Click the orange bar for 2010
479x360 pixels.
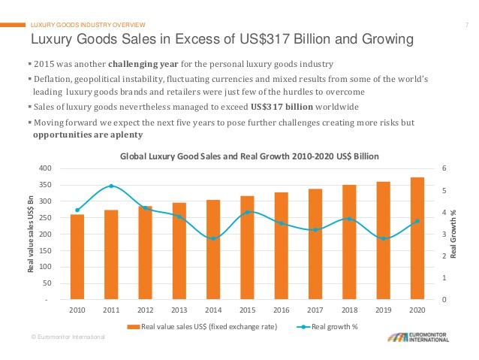77,257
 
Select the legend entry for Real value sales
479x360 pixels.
203,327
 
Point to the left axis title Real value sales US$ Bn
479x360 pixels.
31,234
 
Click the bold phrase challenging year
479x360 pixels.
145,64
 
